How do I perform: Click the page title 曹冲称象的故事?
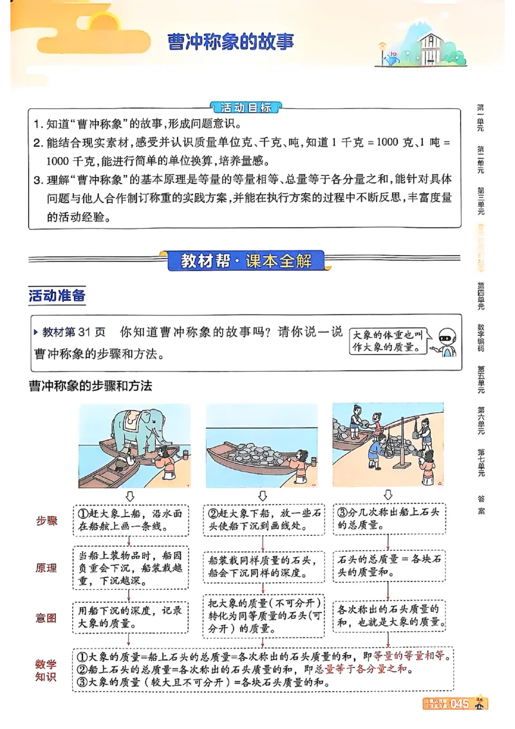pyautogui.click(x=230, y=43)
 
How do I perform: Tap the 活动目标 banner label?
pyautogui.click(x=246, y=108)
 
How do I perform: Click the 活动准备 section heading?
pyautogui.click(x=57, y=296)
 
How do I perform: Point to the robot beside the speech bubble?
pyautogui.click(x=445, y=342)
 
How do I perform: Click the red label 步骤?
pyautogui.click(x=46, y=520)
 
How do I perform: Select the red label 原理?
pyautogui.click(x=46, y=568)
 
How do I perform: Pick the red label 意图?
pyautogui.click(x=46, y=618)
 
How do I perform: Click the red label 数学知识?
pyautogui.click(x=46, y=670)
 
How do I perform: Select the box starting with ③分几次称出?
pyautogui.click(x=389, y=519)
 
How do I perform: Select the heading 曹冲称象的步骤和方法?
pyautogui.click(x=90, y=386)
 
